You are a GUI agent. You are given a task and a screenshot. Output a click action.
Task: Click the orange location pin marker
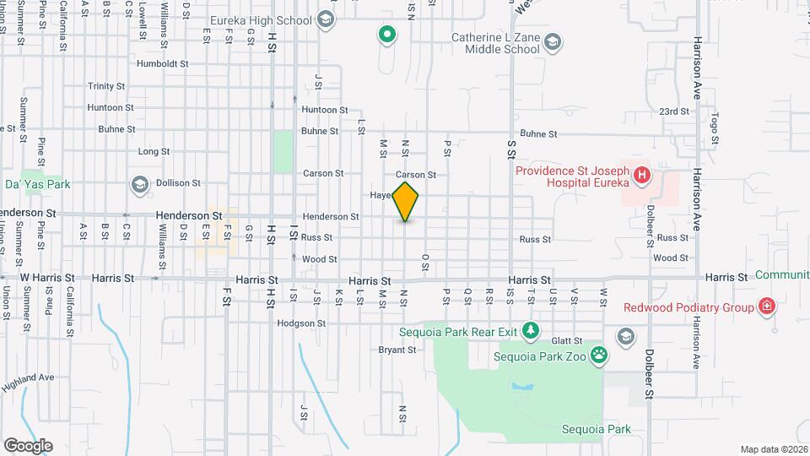pos(406,201)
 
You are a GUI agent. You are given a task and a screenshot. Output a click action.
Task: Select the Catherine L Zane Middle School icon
pos(552,41)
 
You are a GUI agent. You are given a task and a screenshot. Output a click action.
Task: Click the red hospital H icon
pos(642,176)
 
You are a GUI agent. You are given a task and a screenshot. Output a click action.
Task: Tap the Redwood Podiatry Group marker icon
pos(766,307)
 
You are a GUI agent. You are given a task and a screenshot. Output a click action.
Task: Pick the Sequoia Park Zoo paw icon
pos(598,356)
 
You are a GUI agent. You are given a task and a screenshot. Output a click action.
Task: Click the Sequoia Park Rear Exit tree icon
pos(530,330)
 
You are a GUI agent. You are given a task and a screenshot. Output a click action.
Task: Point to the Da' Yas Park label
pos(37,183)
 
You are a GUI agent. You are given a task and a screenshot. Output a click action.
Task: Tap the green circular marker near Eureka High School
pos(386,35)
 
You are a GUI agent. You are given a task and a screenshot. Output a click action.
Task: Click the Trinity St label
pos(106,86)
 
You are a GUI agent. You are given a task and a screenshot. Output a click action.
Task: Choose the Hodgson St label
pos(302,323)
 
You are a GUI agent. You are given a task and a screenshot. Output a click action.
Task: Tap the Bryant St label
pos(392,349)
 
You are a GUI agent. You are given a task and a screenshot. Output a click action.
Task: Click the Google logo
pos(28,445)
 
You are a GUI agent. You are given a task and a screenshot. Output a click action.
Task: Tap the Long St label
pos(154,152)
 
